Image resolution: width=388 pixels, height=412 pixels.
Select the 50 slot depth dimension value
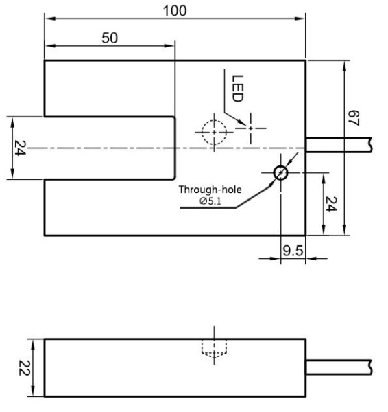(110, 38)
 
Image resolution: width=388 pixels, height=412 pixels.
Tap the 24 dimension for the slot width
(19, 148)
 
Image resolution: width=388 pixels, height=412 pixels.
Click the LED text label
(236, 89)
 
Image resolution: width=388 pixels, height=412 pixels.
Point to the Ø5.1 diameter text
(210, 201)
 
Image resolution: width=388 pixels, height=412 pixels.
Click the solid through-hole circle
(280, 173)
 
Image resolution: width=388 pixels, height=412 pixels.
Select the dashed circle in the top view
(214, 130)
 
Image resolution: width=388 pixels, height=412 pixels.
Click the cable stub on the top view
(339, 144)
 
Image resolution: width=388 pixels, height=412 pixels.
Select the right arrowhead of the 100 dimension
(302, 19)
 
